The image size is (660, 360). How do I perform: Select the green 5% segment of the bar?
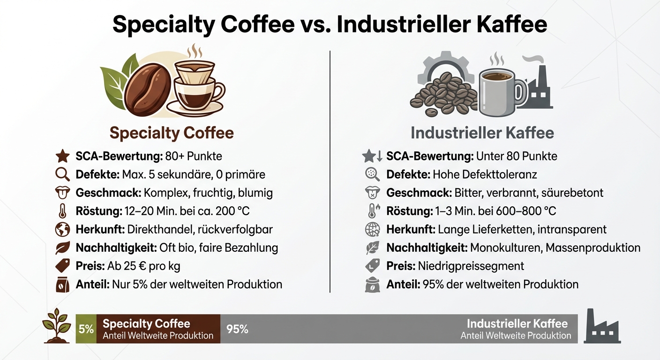[x=86, y=329]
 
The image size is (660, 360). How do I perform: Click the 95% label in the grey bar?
[x=237, y=329]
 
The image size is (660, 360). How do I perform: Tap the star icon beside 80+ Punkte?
[x=62, y=156]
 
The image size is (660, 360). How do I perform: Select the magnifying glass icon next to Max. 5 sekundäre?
[x=62, y=174]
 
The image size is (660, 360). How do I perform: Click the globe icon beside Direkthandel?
[x=62, y=230]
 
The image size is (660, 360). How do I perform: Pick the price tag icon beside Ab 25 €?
[x=62, y=266]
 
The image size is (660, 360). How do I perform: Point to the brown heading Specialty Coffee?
[x=172, y=133]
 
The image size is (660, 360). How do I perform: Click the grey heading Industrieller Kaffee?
[x=482, y=133]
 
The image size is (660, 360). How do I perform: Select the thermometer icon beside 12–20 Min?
[x=62, y=211]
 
